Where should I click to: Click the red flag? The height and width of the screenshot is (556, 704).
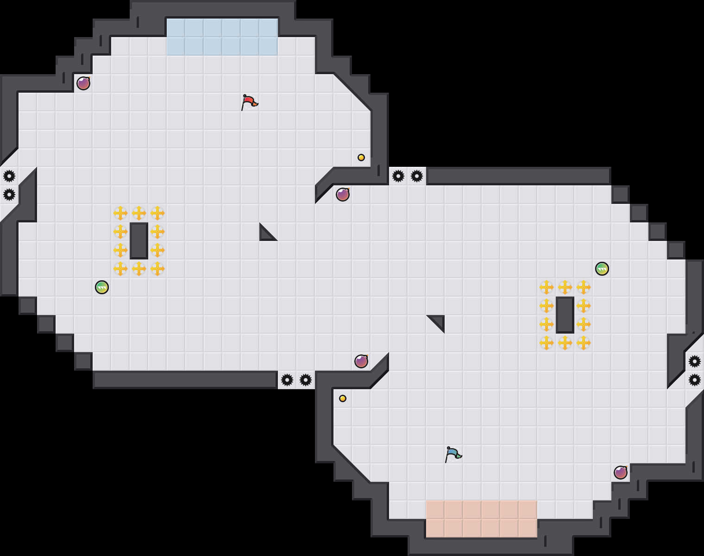(x=249, y=102)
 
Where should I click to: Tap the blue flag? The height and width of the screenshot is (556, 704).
(x=453, y=454)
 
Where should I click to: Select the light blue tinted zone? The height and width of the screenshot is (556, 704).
(x=222, y=37)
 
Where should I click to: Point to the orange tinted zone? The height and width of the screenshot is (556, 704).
(x=481, y=518)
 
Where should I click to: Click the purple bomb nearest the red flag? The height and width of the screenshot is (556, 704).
(x=343, y=195)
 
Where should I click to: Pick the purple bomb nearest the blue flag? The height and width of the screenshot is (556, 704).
(x=361, y=361)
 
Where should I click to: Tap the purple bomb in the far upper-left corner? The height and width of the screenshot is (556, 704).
(x=83, y=83)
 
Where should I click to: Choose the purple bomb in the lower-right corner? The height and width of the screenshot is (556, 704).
(x=621, y=473)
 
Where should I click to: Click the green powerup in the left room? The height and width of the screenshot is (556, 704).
(x=102, y=287)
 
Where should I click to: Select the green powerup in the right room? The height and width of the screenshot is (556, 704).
(x=602, y=269)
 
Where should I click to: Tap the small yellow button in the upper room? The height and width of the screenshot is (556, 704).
(x=361, y=158)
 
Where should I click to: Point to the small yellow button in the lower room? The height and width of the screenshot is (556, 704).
(x=343, y=398)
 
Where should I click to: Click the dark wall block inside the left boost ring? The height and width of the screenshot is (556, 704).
(x=139, y=240)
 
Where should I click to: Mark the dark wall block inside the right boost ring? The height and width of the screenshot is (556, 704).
(x=565, y=315)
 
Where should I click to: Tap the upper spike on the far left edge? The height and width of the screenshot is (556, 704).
(x=9, y=176)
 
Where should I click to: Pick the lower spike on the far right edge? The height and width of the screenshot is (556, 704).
(x=695, y=380)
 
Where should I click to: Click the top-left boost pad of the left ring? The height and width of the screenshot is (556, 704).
(x=120, y=213)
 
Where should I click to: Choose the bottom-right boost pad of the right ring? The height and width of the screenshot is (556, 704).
(x=584, y=343)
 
